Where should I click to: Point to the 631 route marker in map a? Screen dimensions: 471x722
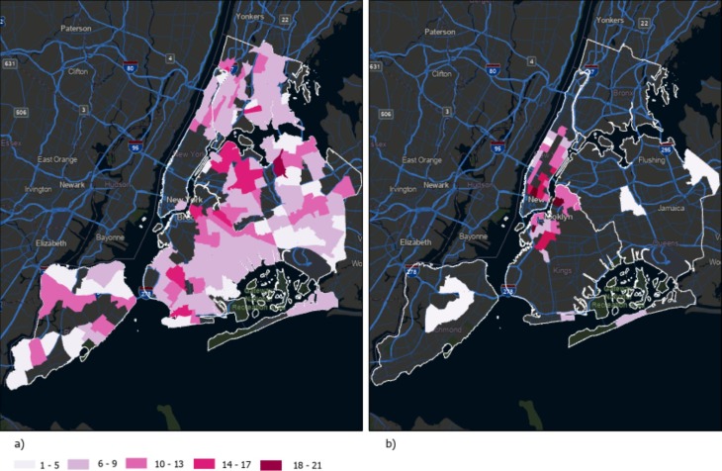(x=7, y=66)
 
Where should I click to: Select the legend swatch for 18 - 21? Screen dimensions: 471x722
(x=270, y=463)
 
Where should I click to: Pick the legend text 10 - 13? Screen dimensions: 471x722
(x=180, y=463)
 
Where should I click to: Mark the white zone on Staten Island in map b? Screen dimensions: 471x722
(x=451, y=302)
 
